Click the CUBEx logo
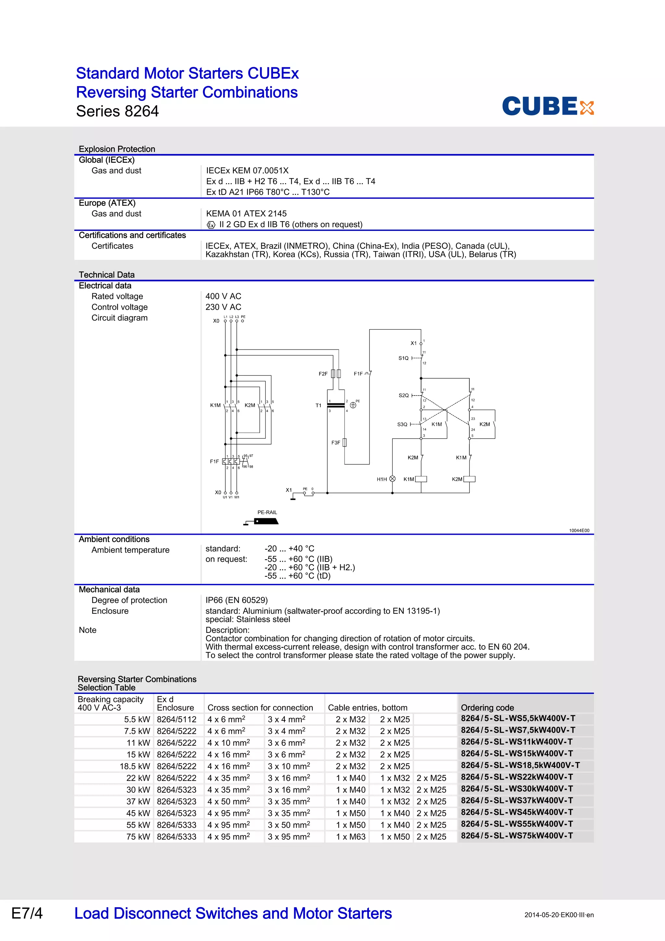pyautogui.click(x=547, y=106)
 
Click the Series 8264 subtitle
pyautogui.click(x=117, y=111)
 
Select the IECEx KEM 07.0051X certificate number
pyautogui.click(x=247, y=170)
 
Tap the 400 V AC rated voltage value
pyautogui.click(x=223, y=296)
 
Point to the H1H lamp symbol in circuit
pyautogui.click(x=392, y=479)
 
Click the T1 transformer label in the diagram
pyautogui.click(x=318, y=405)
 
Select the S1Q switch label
pyautogui.click(x=403, y=358)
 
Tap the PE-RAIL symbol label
pyautogui.click(x=267, y=512)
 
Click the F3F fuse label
pyautogui.click(x=335, y=443)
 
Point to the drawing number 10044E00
pyautogui.click(x=579, y=530)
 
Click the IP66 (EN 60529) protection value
pyautogui.click(x=236, y=600)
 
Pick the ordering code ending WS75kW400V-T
pyautogui.click(x=517, y=836)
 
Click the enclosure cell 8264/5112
pyautogui.click(x=177, y=719)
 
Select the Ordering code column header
pyautogui.click(x=487, y=708)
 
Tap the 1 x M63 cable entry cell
pyautogui.click(x=351, y=836)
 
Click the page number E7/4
pyautogui.click(x=27, y=913)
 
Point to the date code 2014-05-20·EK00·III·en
pyautogui.click(x=559, y=915)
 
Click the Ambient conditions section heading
pyautogui.click(x=114, y=539)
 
